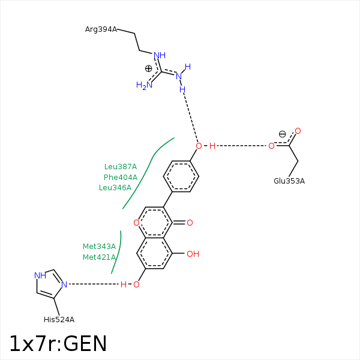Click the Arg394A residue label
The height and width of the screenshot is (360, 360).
[101, 29]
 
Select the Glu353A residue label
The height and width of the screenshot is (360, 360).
[289, 181]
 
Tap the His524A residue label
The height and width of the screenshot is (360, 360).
[59, 319]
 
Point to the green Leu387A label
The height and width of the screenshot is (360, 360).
[121, 167]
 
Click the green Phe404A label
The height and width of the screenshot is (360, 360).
[120, 177]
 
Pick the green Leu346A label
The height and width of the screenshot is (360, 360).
[115, 187]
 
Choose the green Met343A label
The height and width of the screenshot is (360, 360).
[99, 246]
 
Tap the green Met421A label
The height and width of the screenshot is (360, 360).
[99, 257]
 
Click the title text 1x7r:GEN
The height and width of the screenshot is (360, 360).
[58, 344]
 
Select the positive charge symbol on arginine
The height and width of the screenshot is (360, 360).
[149, 68]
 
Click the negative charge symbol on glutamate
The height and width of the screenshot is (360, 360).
[282, 134]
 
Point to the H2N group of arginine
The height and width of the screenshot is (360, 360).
[144, 85]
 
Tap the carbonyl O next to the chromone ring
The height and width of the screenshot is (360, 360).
[190, 223]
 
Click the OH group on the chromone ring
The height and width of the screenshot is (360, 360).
[192, 254]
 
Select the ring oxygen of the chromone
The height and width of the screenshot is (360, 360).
[137, 223]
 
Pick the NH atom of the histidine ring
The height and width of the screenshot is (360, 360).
[40, 275]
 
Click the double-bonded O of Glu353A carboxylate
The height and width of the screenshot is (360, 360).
[298, 131]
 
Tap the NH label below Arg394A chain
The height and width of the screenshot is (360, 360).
[160, 56]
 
